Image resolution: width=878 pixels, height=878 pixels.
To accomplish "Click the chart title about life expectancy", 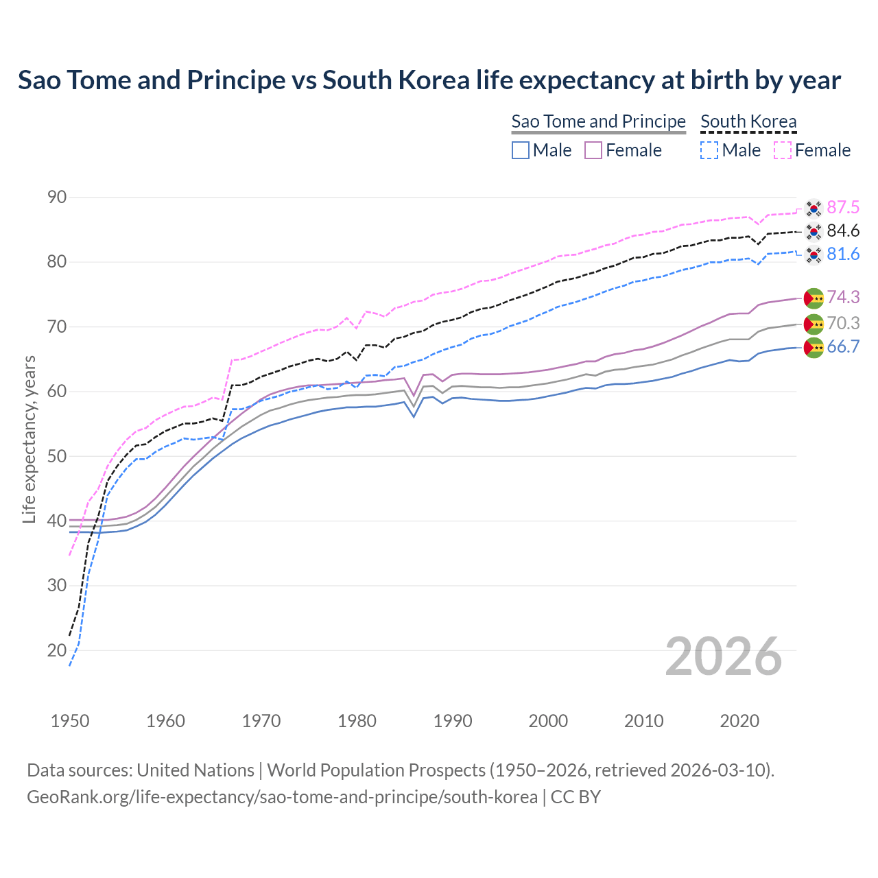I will click(x=429, y=80).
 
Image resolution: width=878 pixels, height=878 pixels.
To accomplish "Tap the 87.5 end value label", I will click(x=843, y=207).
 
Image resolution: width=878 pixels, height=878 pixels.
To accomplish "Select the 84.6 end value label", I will click(x=843, y=230).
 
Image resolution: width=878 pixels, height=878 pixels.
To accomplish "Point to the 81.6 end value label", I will click(x=843, y=254).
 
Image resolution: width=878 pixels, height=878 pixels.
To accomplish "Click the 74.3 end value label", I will click(x=843, y=297).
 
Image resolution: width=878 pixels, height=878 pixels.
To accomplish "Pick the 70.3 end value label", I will click(x=843, y=323).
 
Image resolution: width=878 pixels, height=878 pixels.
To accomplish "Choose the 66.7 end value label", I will click(x=843, y=346).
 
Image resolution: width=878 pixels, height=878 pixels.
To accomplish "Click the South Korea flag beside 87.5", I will click(x=814, y=208).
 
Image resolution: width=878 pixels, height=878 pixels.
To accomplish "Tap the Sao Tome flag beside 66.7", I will click(x=814, y=347).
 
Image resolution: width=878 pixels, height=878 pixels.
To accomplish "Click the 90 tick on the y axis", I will click(x=57, y=198).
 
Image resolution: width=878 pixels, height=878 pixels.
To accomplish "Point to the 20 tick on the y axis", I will click(x=57, y=650).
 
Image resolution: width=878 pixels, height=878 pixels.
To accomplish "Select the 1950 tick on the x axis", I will click(x=70, y=721).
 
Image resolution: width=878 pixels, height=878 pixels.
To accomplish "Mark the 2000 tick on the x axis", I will click(x=548, y=721).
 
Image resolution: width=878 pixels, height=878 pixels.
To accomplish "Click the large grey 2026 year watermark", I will click(x=723, y=656).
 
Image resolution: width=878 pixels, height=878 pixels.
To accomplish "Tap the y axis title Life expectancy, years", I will click(x=29, y=439).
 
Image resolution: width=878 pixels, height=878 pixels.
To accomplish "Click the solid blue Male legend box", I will click(x=521, y=150).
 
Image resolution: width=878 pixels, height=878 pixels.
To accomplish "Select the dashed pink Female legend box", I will click(x=783, y=150).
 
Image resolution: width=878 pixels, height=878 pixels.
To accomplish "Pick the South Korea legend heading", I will click(x=748, y=121).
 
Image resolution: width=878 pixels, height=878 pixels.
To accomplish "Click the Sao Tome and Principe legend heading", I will click(x=598, y=121).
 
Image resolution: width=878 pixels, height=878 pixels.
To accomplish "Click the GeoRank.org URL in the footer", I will click(x=282, y=797).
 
